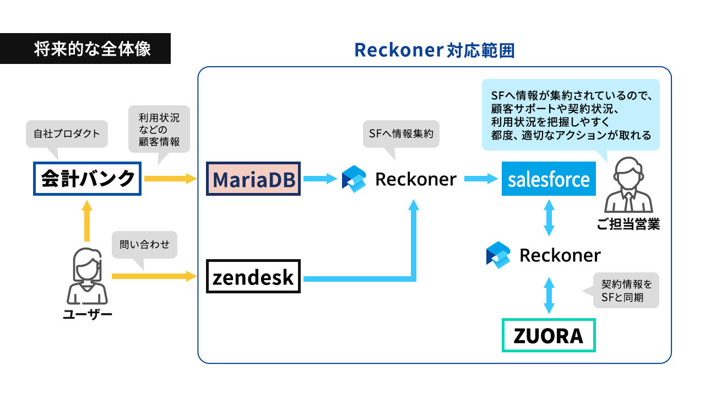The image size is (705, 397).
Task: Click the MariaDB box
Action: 253,179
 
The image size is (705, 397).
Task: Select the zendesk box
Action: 253,276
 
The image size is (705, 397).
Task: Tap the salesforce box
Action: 549,179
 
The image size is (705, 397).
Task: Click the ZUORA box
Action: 549,335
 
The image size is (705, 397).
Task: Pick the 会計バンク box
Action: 87,179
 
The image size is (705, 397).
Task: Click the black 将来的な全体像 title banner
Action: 85,49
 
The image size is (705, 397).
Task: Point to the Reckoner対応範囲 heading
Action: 435,50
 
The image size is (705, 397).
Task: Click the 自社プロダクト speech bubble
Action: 67,134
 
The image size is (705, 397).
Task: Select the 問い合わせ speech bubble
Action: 144,245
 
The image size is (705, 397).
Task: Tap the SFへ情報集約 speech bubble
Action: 401,134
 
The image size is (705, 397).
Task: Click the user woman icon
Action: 87,276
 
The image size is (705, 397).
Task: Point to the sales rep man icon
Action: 628,185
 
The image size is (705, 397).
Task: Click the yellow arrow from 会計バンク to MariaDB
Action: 170,179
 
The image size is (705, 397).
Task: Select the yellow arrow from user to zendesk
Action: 154,276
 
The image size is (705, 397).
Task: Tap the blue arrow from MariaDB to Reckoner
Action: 320,179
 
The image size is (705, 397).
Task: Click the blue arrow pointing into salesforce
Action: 481,179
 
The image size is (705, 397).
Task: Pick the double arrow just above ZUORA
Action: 549,295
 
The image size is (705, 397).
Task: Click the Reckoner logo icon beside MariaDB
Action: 354,179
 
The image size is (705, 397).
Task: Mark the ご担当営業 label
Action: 628,224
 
